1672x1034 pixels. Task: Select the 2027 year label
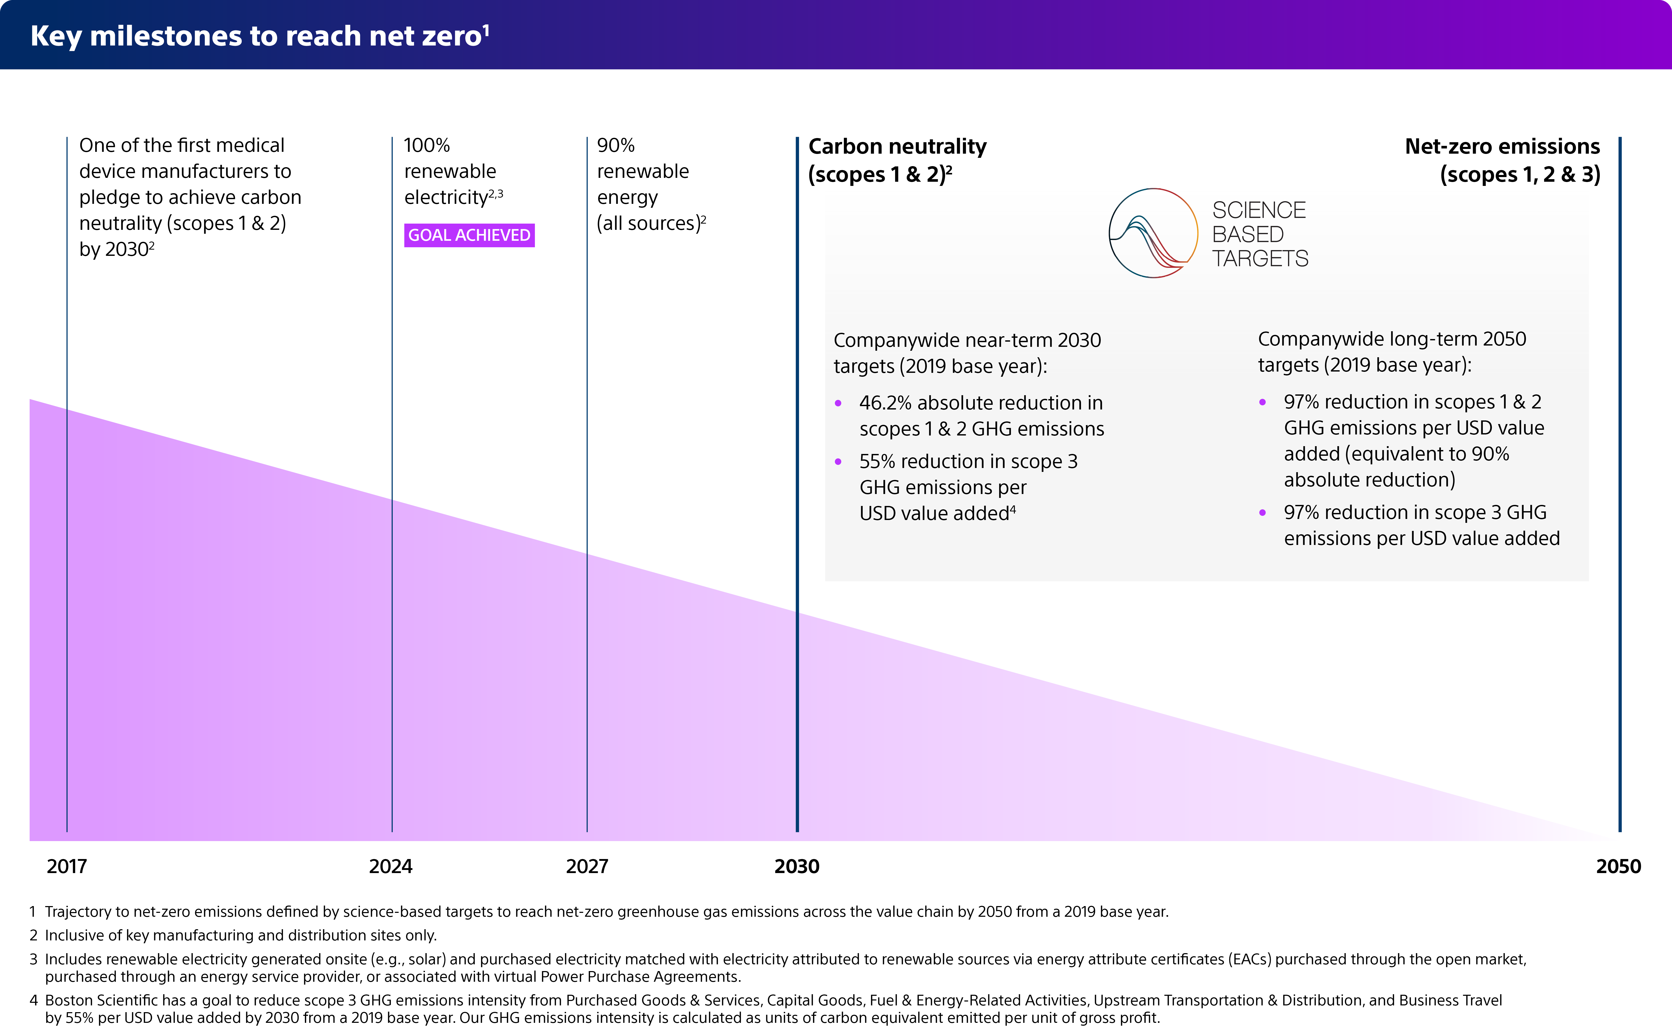(x=587, y=867)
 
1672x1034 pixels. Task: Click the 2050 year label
(x=1618, y=867)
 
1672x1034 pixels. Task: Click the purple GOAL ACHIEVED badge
(x=469, y=235)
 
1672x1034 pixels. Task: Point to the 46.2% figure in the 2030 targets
(x=885, y=403)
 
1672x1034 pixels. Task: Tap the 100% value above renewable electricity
(x=427, y=146)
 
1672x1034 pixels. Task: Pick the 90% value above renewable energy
(x=615, y=146)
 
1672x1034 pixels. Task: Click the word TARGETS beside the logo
(x=1260, y=259)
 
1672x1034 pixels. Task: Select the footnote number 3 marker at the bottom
(x=33, y=959)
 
